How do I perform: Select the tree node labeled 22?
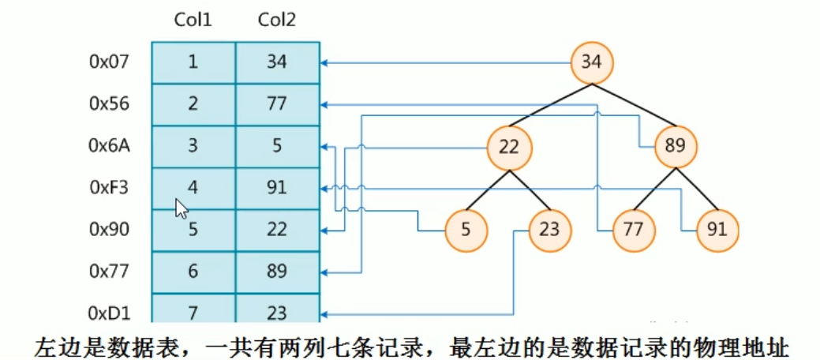509,146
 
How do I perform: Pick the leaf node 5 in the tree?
466,230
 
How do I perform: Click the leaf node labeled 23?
550,230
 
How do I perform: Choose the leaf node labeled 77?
635,230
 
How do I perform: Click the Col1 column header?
193,20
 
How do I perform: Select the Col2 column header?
277,20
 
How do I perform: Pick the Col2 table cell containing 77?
277,103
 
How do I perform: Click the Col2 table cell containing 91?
277,188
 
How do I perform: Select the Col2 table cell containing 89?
277,272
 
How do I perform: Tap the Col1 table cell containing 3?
193,146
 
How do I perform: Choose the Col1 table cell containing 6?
193,272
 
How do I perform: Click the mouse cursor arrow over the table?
181,208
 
